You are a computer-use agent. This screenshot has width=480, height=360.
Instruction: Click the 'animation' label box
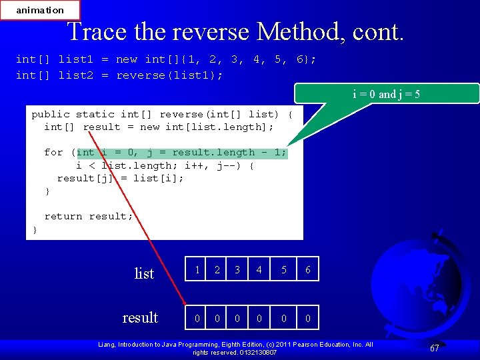40,10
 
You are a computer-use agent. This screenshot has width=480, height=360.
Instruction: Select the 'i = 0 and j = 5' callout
386,94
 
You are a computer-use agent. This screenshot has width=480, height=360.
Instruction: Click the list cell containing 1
197,269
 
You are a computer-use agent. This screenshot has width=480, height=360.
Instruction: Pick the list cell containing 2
216,269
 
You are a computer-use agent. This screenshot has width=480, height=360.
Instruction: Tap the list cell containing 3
237,269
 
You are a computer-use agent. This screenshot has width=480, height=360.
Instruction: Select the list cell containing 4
259,269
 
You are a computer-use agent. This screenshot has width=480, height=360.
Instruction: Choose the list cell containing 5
283,269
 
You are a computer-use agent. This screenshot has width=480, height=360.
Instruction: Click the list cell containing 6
307,269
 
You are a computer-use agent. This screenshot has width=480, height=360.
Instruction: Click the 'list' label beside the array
144,273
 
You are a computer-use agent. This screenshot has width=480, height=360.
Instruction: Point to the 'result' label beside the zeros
140,317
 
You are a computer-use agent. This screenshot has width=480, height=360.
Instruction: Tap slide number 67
434,348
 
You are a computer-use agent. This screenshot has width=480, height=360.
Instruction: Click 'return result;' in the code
89,216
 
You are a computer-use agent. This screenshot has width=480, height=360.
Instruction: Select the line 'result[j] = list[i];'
121,178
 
